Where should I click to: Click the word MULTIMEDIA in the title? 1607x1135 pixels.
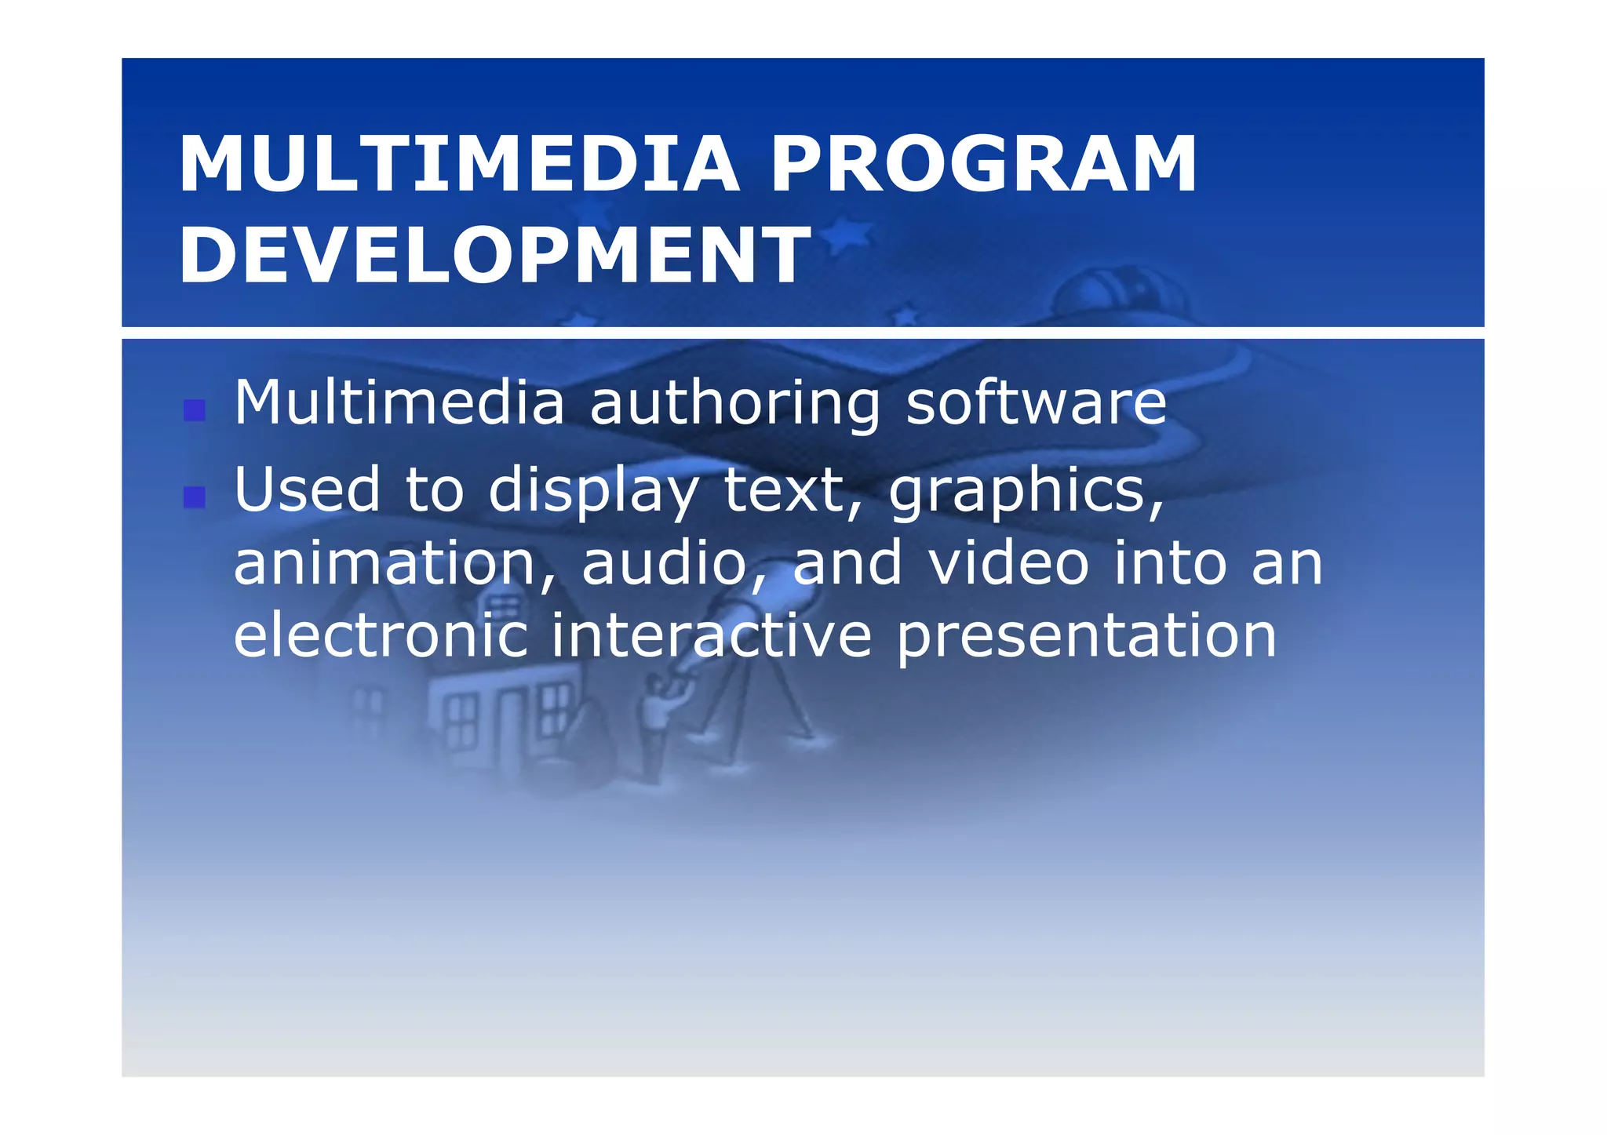click(459, 164)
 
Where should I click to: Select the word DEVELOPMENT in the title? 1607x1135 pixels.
click(494, 255)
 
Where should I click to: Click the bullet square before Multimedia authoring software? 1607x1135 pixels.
click(194, 410)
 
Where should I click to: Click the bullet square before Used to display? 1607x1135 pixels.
click(194, 497)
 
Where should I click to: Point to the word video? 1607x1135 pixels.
click(1008, 562)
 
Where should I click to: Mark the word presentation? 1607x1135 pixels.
click(1086, 638)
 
